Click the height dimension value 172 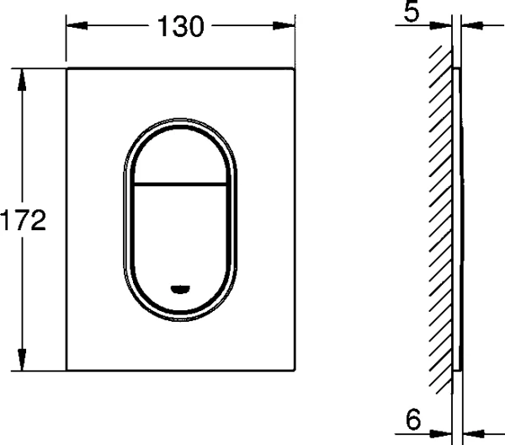(22, 221)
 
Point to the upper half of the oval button (181, 156)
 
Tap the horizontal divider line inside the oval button (181, 182)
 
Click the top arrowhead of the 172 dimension (23, 72)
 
